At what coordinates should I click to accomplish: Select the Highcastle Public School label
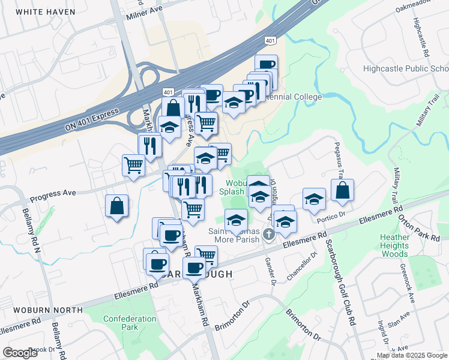point(405,68)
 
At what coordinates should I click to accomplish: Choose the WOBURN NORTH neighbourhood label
point(41,310)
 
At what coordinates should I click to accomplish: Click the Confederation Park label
point(121,323)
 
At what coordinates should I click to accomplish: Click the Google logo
point(21,353)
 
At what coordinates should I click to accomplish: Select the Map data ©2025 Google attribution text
point(412,355)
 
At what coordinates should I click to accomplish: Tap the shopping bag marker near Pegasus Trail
point(342,191)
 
